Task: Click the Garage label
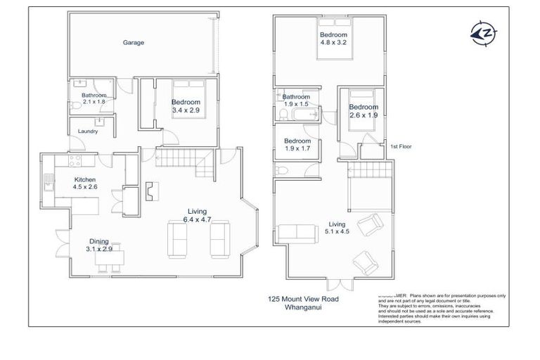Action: pos(134,43)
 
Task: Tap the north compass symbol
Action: pos(482,33)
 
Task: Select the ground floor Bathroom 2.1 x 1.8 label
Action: pos(94,98)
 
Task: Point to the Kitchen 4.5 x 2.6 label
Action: pos(85,184)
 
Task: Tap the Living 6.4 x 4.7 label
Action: pos(198,215)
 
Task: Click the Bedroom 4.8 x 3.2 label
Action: pos(332,39)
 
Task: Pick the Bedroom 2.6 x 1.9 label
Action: pos(364,111)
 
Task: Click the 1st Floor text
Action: pos(399,146)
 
